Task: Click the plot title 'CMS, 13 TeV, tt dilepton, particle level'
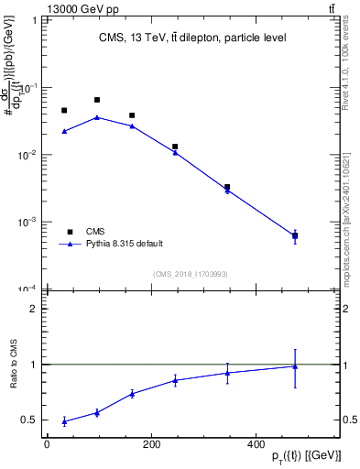(192, 38)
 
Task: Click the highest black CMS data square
(97, 100)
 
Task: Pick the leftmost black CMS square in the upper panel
(64, 111)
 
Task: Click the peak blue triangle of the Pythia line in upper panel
(97, 117)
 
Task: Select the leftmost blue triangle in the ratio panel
(64, 421)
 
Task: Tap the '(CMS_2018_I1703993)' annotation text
(190, 274)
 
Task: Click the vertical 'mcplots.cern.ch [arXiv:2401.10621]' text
(345, 211)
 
